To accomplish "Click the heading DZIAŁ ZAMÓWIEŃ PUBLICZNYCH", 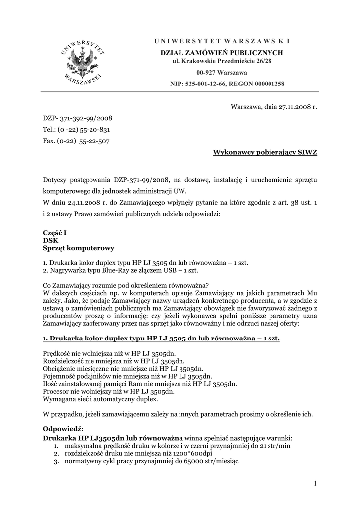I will coord(221,53).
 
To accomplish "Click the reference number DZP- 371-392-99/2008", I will coord(78,118).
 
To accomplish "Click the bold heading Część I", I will coord(55,232).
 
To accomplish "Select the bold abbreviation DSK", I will coord(51,240).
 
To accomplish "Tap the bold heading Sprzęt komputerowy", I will coord(79,248).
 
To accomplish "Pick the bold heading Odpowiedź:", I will coord(63,429).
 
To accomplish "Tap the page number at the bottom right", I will coord(315,483).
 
